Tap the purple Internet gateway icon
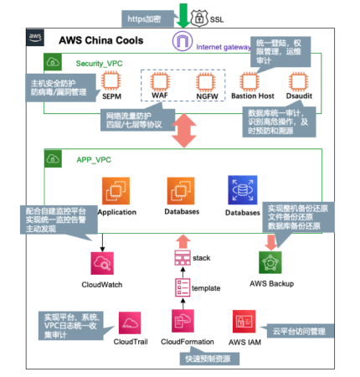182,43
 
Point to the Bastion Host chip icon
249,81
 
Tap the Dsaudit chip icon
298,81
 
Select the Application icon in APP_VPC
116,191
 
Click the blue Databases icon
242,190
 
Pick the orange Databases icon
181,191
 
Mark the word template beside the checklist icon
206,288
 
